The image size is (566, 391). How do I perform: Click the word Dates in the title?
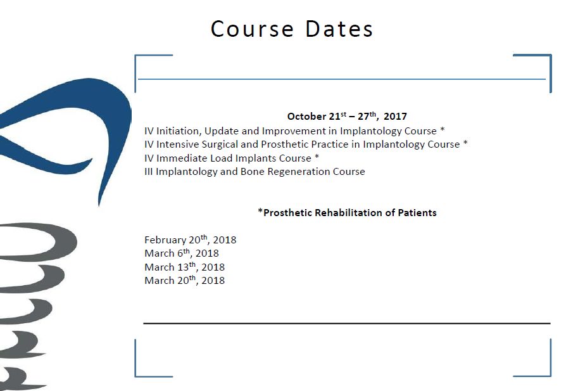tap(339, 29)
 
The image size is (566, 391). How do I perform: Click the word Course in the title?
tap(252, 29)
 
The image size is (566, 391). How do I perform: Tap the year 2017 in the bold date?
tap(395, 117)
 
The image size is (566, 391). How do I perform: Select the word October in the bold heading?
tap(306, 117)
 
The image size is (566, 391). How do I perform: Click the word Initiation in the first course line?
tap(179, 131)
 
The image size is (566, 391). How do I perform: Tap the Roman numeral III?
tap(148, 172)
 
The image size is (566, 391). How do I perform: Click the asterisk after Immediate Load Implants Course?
tap(317, 157)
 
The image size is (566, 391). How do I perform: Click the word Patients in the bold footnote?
tap(417, 212)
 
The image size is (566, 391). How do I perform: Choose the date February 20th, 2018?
tap(190, 240)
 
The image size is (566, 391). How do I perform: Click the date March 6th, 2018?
tap(182, 253)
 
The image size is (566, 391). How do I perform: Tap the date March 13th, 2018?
tap(184, 267)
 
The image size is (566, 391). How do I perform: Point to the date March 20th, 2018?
tap(184, 280)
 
